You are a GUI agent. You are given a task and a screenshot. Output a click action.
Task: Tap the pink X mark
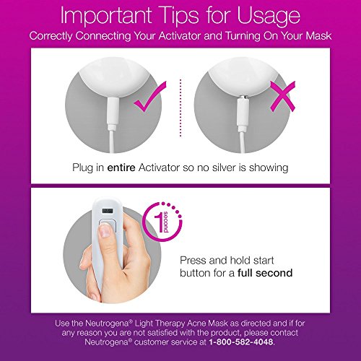click(282, 96)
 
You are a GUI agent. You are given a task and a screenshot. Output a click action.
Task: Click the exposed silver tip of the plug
click(243, 97)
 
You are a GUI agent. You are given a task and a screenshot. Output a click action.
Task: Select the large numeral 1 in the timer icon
click(158, 223)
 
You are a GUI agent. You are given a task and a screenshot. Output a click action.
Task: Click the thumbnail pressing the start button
click(105, 230)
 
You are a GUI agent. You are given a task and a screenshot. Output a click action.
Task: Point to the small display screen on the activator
click(108, 211)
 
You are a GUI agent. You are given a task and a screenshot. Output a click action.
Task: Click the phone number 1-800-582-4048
click(241, 342)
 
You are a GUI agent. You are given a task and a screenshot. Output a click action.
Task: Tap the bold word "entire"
click(121, 168)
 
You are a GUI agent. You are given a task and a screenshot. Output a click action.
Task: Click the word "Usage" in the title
click(269, 17)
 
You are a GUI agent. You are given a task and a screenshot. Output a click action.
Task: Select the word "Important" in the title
click(105, 16)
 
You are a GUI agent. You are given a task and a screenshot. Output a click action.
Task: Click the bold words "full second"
click(265, 273)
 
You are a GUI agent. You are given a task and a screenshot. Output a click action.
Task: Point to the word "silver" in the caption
click(224, 168)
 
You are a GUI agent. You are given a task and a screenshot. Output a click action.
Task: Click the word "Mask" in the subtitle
click(318, 36)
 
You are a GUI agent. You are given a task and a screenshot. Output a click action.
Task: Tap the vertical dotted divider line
click(180, 108)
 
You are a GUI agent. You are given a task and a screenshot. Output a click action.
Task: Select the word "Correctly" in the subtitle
click(51, 36)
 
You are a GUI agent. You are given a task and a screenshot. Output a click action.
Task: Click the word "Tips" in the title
click(175, 17)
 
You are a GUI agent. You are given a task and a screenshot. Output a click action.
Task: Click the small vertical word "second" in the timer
click(165, 222)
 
